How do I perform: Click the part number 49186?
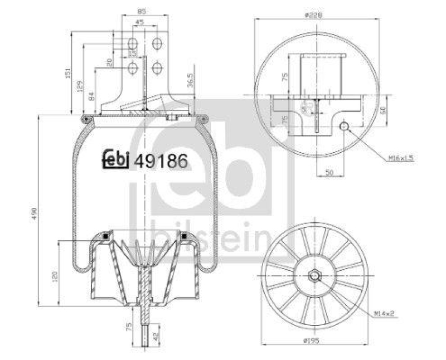pyautogui.click(x=161, y=160)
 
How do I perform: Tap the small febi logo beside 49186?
pyautogui.click(x=116, y=160)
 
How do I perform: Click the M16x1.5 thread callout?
pyautogui.click(x=401, y=159)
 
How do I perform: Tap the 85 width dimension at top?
pyautogui.click(x=142, y=11)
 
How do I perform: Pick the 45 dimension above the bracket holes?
pyautogui.click(x=139, y=23)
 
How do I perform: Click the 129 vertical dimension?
pyautogui.click(x=80, y=85)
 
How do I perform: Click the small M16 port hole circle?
pyautogui.click(x=345, y=127)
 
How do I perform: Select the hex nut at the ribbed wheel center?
pyautogui.click(x=314, y=276)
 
